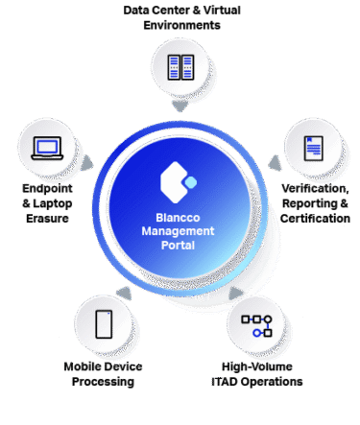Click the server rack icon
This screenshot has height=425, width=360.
pyautogui.click(x=180, y=67)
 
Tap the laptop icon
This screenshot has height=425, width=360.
pyautogui.click(x=47, y=148)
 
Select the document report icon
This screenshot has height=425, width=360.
pyautogui.click(x=314, y=149)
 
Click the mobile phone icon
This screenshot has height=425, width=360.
pyautogui.click(x=104, y=324)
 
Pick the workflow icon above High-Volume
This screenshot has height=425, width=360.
pyautogui.click(x=256, y=326)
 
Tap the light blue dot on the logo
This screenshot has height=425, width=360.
pyautogui.click(x=191, y=182)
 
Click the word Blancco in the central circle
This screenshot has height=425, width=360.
pyautogui.click(x=178, y=218)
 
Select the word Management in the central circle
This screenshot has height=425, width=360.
pyautogui.click(x=178, y=231)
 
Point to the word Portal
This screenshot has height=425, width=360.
pyautogui.click(x=178, y=246)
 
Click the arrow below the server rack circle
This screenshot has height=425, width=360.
pyautogui.click(x=180, y=106)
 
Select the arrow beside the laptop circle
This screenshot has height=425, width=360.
pyautogui.click(x=86, y=163)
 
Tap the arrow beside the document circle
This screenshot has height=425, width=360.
pyautogui.click(x=275, y=163)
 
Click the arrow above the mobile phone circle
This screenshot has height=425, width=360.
pyautogui.click(x=125, y=294)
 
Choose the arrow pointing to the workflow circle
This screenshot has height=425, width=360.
pyautogui.click(x=236, y=294)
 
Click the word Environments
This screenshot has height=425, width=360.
pyautogui.click(x=181, y=25)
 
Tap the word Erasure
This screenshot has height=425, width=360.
pyautogui.click(x=47, y=219)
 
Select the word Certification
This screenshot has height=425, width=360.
pyautogui.click(x=315, y=219)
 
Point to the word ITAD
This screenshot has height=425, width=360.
pyautogui.click(x=225, y=382)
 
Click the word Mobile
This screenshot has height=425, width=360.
pyautogui.click(x=81, y=366)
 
